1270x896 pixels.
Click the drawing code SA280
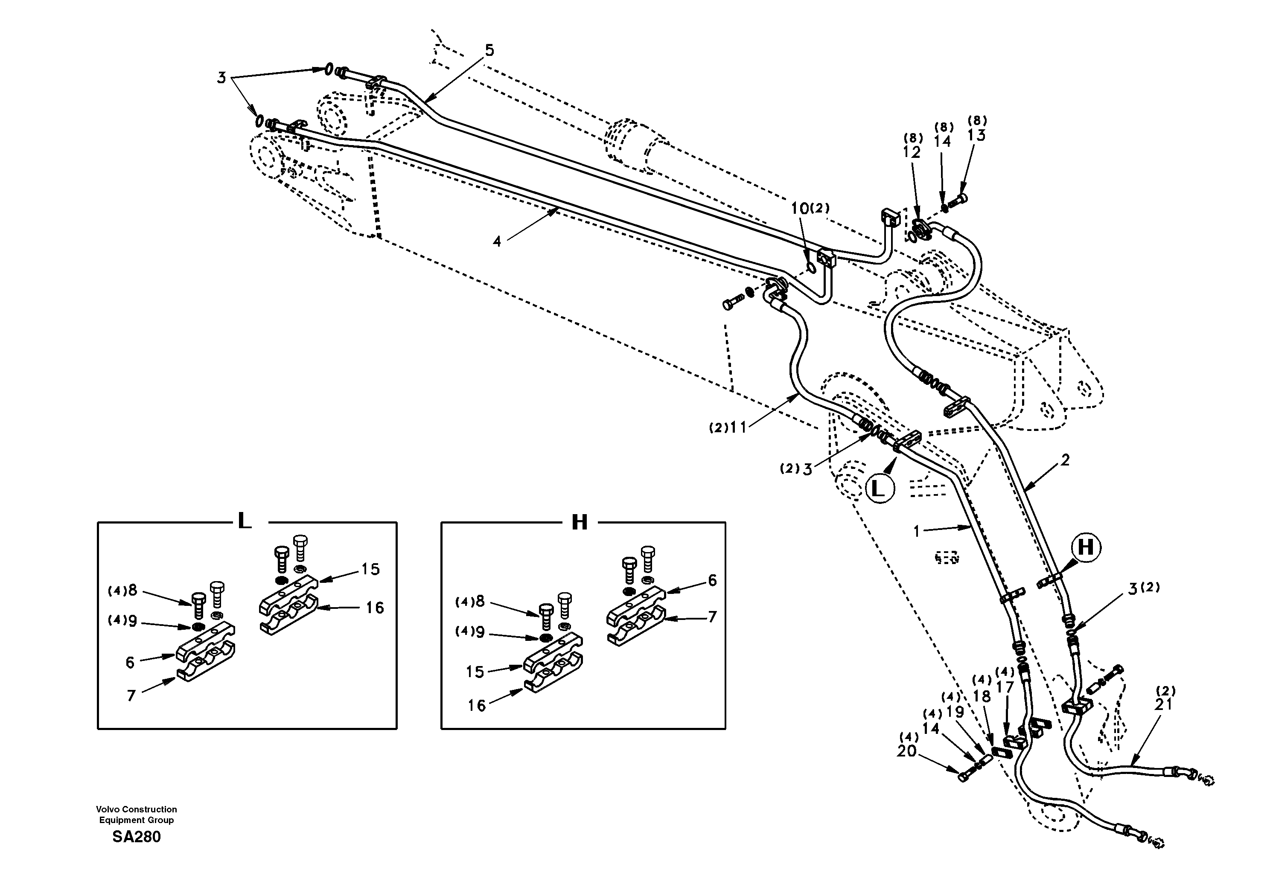click(136, 837)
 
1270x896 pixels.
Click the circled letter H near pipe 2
click(1086, 547)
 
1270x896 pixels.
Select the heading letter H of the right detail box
click(579, 521)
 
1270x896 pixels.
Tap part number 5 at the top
click(489, 50)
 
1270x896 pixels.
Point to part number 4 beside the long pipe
click(497, 241)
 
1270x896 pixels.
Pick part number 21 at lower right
click(1164, 704)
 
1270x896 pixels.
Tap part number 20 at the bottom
click(907, 751)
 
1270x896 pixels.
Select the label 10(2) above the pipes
click(809, 209)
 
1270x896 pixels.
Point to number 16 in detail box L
click(375, 608)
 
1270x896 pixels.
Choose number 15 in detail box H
click(475, 672)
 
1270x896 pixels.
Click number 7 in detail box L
click(131, 695)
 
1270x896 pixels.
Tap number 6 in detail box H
click(712, 580)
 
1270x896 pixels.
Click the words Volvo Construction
click(136, 809)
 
